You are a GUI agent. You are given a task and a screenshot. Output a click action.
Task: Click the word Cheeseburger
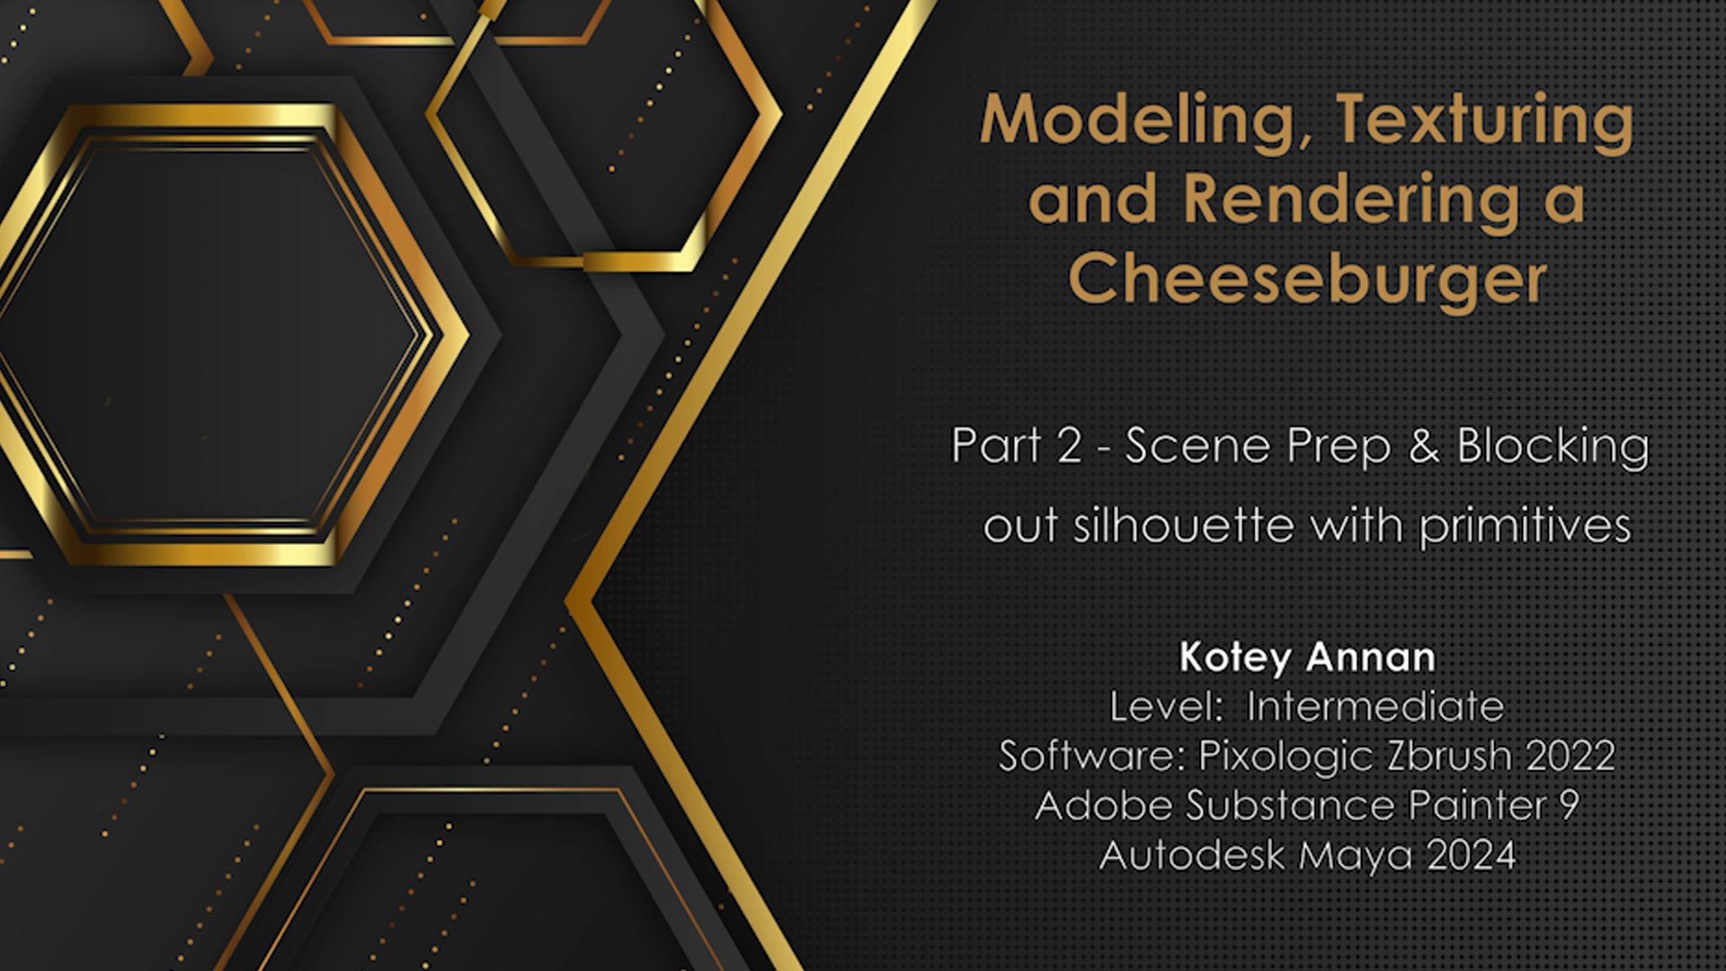(x=1308, y=279)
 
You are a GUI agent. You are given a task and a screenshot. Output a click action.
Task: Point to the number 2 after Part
(x=1069, y=446)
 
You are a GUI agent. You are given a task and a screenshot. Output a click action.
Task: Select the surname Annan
(x=1372, y=657)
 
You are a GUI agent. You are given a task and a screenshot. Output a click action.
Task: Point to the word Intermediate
(x=1375, y=707)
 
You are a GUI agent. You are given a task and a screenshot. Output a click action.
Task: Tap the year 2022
(x=1570, y=755)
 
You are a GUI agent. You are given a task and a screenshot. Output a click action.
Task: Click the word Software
(x=1092, y=755)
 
